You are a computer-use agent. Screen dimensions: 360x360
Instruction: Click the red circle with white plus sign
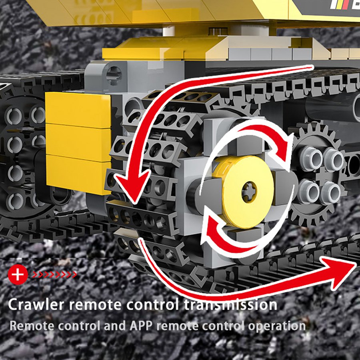18,274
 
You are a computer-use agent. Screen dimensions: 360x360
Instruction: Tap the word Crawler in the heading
36,304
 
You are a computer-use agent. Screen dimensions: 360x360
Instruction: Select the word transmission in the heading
230,304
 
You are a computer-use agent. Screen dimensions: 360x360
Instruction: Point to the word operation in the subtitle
276,326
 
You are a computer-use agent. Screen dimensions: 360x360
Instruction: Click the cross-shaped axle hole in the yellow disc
249,192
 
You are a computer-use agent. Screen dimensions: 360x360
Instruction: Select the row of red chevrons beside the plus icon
55,274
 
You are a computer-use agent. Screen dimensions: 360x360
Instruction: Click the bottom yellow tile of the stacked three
78,174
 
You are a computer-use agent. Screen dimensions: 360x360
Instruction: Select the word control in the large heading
152,304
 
